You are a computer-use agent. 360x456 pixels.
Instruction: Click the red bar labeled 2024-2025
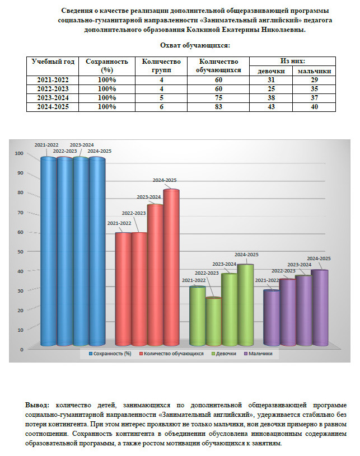point(171,269)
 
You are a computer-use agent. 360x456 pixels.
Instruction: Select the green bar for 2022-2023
point(213,322)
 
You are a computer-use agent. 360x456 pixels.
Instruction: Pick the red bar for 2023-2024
point(155,277)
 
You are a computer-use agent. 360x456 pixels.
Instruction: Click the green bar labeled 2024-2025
point(245,305)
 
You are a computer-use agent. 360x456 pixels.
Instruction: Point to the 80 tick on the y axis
point(20,193)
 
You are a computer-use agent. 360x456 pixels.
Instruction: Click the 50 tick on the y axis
point(20,252)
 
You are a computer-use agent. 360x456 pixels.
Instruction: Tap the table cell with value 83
point(218,106)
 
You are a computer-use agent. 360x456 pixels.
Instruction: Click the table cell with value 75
point(218,97)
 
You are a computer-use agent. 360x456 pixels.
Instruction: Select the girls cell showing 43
point(271,106)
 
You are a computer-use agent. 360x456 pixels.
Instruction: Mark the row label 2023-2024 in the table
point(53,97)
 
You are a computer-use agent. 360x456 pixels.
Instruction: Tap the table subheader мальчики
point(314,71)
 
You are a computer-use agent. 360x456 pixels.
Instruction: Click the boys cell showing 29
point(314,80)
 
